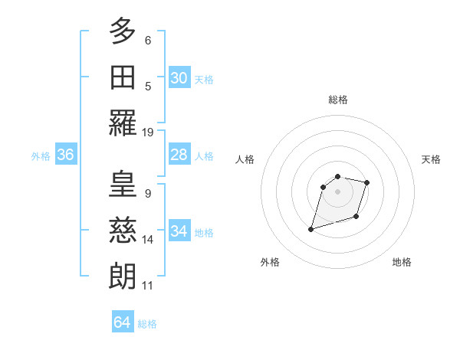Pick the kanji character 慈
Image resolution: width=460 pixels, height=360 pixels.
pos(123,230)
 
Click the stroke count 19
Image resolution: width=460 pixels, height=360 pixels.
pos(149,133)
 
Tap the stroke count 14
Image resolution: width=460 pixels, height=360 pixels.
pos(149,240)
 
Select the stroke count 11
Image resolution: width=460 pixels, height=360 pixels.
pos(148,286)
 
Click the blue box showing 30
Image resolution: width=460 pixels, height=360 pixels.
pos(179,78)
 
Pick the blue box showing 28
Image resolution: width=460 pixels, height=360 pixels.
pos(179,155)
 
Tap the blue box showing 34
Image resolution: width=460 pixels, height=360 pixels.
pos(179,231)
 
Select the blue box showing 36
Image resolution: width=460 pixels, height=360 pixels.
pos(66,155)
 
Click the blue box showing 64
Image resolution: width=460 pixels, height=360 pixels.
pos(123,322)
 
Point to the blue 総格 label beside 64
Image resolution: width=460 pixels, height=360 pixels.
pos(147,324)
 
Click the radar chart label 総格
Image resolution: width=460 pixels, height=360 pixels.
pos(338,100)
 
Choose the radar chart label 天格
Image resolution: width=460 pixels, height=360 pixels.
pos(431,159)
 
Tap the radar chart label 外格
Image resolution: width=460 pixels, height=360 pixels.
pos(270,262)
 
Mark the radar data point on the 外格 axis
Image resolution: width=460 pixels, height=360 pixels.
pos(311,228)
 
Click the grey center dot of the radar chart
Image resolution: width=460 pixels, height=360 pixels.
pos(338,191)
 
